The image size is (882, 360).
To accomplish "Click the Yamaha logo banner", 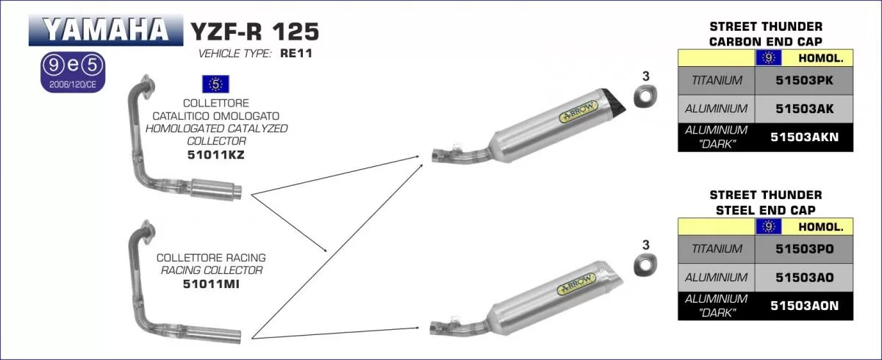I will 105,29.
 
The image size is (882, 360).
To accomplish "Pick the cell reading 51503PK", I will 805,81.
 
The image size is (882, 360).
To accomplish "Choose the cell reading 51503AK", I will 805,109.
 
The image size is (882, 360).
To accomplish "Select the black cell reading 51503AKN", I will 805,137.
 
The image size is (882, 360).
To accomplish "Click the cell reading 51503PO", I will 805,249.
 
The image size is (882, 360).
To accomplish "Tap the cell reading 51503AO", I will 805,277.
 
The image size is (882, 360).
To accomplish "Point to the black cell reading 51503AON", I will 805,306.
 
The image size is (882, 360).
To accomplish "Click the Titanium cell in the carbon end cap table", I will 717,81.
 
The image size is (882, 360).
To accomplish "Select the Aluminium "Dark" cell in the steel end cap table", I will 717,306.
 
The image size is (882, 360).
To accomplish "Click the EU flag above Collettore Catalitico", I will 215,84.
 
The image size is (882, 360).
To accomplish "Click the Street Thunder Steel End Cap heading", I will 765,201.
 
